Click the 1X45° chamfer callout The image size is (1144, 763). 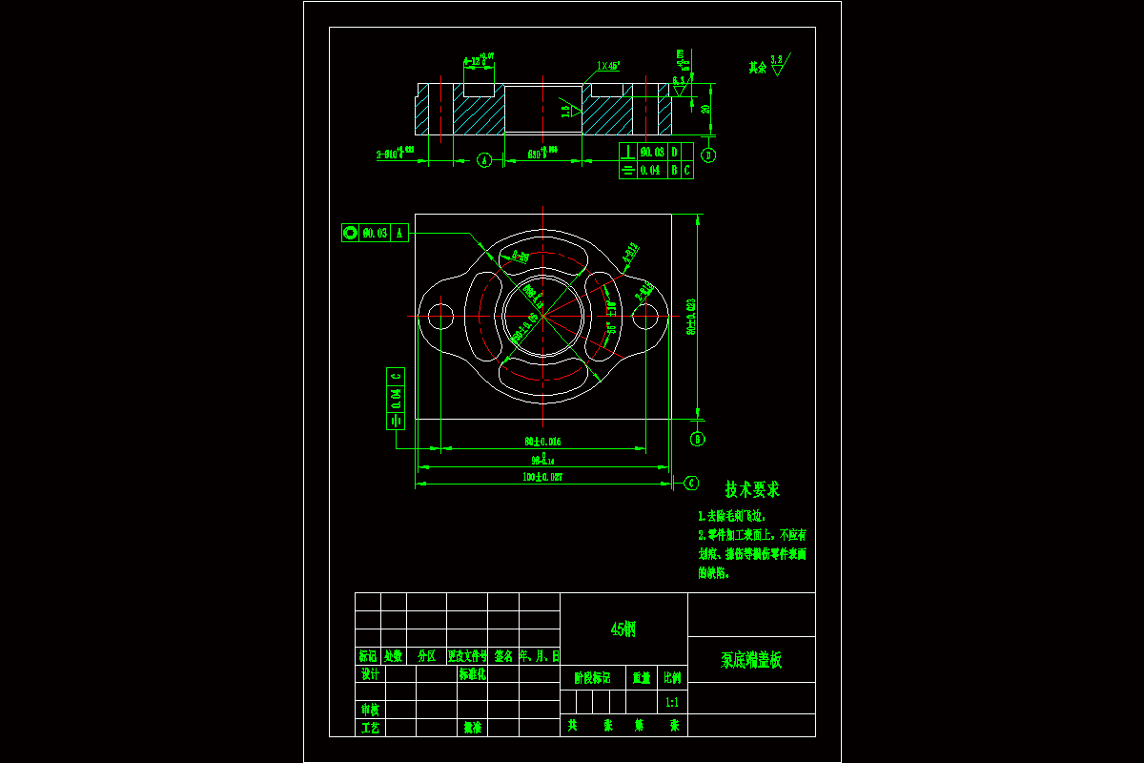[608, 67]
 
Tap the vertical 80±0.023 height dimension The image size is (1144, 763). [691, 316]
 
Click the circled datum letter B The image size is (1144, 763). [697, 439]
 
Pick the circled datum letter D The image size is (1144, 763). [708, 155]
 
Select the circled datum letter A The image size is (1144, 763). [483, 160]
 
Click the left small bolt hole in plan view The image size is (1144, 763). [440, 316]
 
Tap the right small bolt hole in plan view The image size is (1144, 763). [644, 316]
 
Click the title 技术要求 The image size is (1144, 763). [752, 489]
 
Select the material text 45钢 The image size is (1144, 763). [623, 629]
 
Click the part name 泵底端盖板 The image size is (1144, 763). [751, 660]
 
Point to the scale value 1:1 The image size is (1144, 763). [672, 703]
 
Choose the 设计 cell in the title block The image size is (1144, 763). [369, 674]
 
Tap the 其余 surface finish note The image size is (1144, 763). [758, 67]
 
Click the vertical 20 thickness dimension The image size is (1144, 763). [705, 109]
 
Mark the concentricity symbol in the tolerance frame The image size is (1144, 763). [350, 233]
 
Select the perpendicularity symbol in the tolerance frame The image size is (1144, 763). [628, 152]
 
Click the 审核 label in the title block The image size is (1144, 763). [369, 710]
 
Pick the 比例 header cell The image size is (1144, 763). [672, 678]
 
